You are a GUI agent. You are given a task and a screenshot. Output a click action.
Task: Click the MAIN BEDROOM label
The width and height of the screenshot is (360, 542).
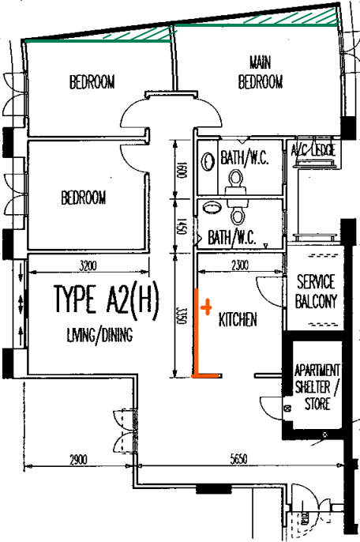coord(261,73)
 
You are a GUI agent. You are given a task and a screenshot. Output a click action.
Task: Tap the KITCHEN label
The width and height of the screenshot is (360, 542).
coord(238,319)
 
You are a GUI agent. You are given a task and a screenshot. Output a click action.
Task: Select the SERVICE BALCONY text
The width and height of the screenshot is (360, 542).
coord(316,291)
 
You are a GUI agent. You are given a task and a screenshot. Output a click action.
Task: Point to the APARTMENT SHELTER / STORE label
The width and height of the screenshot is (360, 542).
coord(317,387)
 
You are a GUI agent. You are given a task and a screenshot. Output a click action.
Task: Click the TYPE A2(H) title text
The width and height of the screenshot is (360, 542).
coord(107,299)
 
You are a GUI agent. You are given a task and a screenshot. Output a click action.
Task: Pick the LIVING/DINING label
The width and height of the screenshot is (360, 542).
coord(99,335)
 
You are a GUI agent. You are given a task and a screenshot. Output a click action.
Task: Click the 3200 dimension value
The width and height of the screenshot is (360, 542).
coord(88,265)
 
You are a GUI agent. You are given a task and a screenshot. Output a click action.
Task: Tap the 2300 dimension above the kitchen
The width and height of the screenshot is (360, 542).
coord(240,265)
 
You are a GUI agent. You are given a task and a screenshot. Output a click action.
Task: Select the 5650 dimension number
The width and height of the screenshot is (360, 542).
coord(238,459)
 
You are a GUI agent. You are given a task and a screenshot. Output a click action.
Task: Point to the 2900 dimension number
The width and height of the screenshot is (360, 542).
coord(78,460)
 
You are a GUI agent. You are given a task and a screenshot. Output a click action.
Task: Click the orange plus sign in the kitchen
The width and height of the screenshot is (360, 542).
coord(206,307)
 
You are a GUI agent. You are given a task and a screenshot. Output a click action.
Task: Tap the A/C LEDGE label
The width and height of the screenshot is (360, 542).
coord(313,149)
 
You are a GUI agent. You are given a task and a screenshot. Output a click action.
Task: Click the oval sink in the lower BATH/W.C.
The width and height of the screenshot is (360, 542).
coord(212,207)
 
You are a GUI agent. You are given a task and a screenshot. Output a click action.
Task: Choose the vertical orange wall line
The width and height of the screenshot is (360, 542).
coord(197,332)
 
